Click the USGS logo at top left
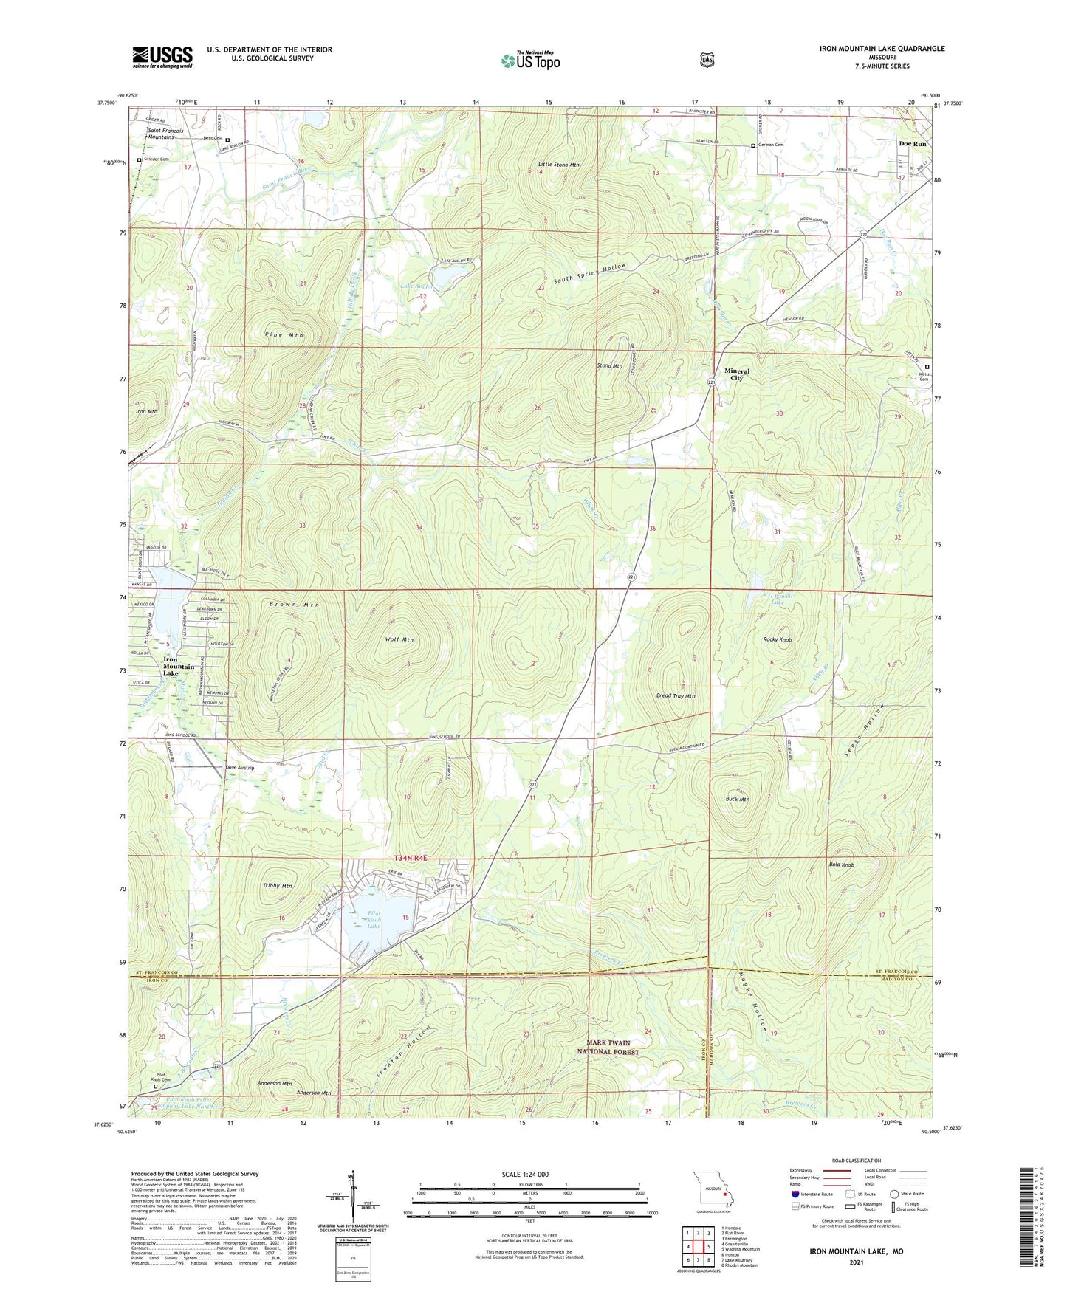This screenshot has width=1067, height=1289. [162, 57]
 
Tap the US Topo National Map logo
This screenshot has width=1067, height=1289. [530, 60]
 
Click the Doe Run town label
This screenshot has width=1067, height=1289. [912, 144]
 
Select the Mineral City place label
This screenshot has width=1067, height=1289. [736, 374]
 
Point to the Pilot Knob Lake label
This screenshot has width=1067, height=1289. [374, 919]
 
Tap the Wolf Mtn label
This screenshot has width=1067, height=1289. [399, 640]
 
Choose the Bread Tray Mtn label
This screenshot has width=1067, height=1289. [676, 695]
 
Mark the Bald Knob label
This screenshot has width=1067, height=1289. [841, 865]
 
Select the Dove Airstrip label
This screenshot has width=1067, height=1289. [240, 768]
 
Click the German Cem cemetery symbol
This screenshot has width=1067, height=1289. [753, 145]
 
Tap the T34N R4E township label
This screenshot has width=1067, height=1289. [411, 858]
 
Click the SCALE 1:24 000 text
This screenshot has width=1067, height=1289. [525, 1174]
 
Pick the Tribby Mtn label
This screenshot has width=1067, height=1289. [277, 886]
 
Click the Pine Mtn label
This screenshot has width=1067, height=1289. [284, 335]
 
